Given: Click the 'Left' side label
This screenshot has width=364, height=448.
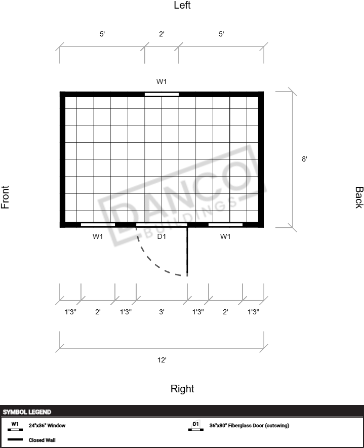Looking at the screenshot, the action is [x=182, y=5].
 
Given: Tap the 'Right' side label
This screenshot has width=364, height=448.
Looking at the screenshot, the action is [x=182, y=389].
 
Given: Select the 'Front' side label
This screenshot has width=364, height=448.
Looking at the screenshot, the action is [x=5, y=197].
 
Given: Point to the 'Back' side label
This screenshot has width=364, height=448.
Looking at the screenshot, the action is [x=359, y=197].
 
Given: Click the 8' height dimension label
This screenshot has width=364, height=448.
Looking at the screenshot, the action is [x=304, y=159].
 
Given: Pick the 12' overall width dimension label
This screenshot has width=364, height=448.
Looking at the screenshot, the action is [x=161, y=360].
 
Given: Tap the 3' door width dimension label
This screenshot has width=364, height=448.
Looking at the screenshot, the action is [x=161, y=312].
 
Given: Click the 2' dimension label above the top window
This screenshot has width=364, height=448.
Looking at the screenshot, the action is [x=161, y=34].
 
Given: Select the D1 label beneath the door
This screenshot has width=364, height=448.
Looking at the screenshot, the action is [x=161, y=236].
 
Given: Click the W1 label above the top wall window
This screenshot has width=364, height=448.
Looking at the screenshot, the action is [x=161, y=82].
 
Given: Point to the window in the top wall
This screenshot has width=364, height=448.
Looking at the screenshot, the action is [x=161, y=94].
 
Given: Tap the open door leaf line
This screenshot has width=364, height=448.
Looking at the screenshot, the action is [x=187, y=252].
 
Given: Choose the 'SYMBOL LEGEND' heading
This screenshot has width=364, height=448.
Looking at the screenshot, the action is [x=27, y=412].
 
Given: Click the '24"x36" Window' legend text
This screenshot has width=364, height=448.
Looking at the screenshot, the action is [x=47, y=425].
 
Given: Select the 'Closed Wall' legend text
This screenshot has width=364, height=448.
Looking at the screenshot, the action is [x=42, y=440].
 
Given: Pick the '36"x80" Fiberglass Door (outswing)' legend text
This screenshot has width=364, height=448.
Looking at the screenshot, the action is [x=249, y=425].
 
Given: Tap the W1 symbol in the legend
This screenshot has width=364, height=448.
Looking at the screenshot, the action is [x=15, y=426].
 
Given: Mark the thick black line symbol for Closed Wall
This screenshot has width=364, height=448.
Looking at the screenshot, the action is [x=15, y=439].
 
